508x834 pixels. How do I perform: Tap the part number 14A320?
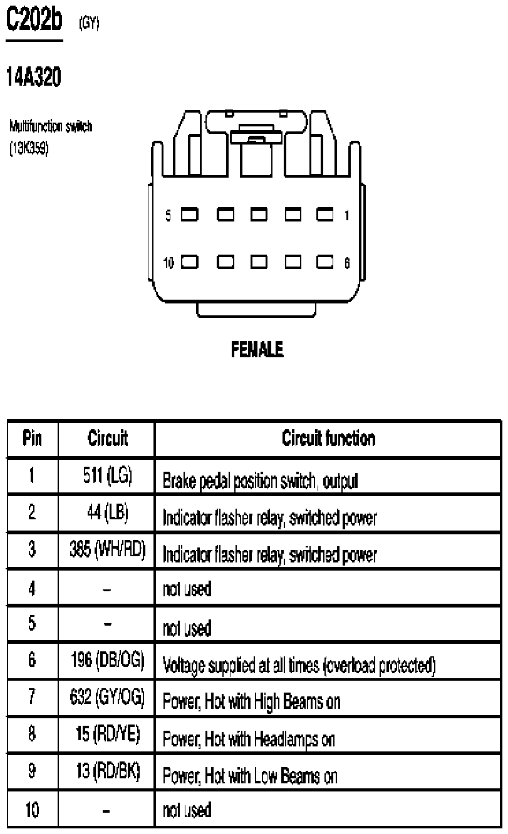coord(34,77)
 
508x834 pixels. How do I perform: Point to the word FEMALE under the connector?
coord(257,349)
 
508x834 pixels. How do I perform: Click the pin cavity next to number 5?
coord(190,215)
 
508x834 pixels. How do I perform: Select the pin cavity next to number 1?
coord(324,215)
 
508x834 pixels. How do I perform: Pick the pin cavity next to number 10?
coord(190,262)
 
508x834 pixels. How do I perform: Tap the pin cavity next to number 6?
coord(324,262)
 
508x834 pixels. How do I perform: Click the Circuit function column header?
coord(328,438)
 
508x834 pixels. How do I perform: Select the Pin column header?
coord(32,438)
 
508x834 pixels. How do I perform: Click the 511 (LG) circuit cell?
coord(107,476)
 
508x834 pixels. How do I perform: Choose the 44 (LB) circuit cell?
coord(107,512)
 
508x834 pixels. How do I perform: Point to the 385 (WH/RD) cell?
coord(107,549)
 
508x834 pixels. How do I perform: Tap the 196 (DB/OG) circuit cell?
coord(107,660)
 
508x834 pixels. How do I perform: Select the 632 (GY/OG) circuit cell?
coord(107,697)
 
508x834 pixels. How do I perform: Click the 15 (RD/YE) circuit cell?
coord(107,734)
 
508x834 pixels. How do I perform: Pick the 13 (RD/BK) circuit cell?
coord(108,771)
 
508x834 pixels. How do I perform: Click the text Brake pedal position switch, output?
coord(260,481)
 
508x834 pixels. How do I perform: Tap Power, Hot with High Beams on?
coord(252,702)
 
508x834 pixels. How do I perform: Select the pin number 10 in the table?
coord(32,810)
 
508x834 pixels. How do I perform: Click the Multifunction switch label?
coord(51,126)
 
